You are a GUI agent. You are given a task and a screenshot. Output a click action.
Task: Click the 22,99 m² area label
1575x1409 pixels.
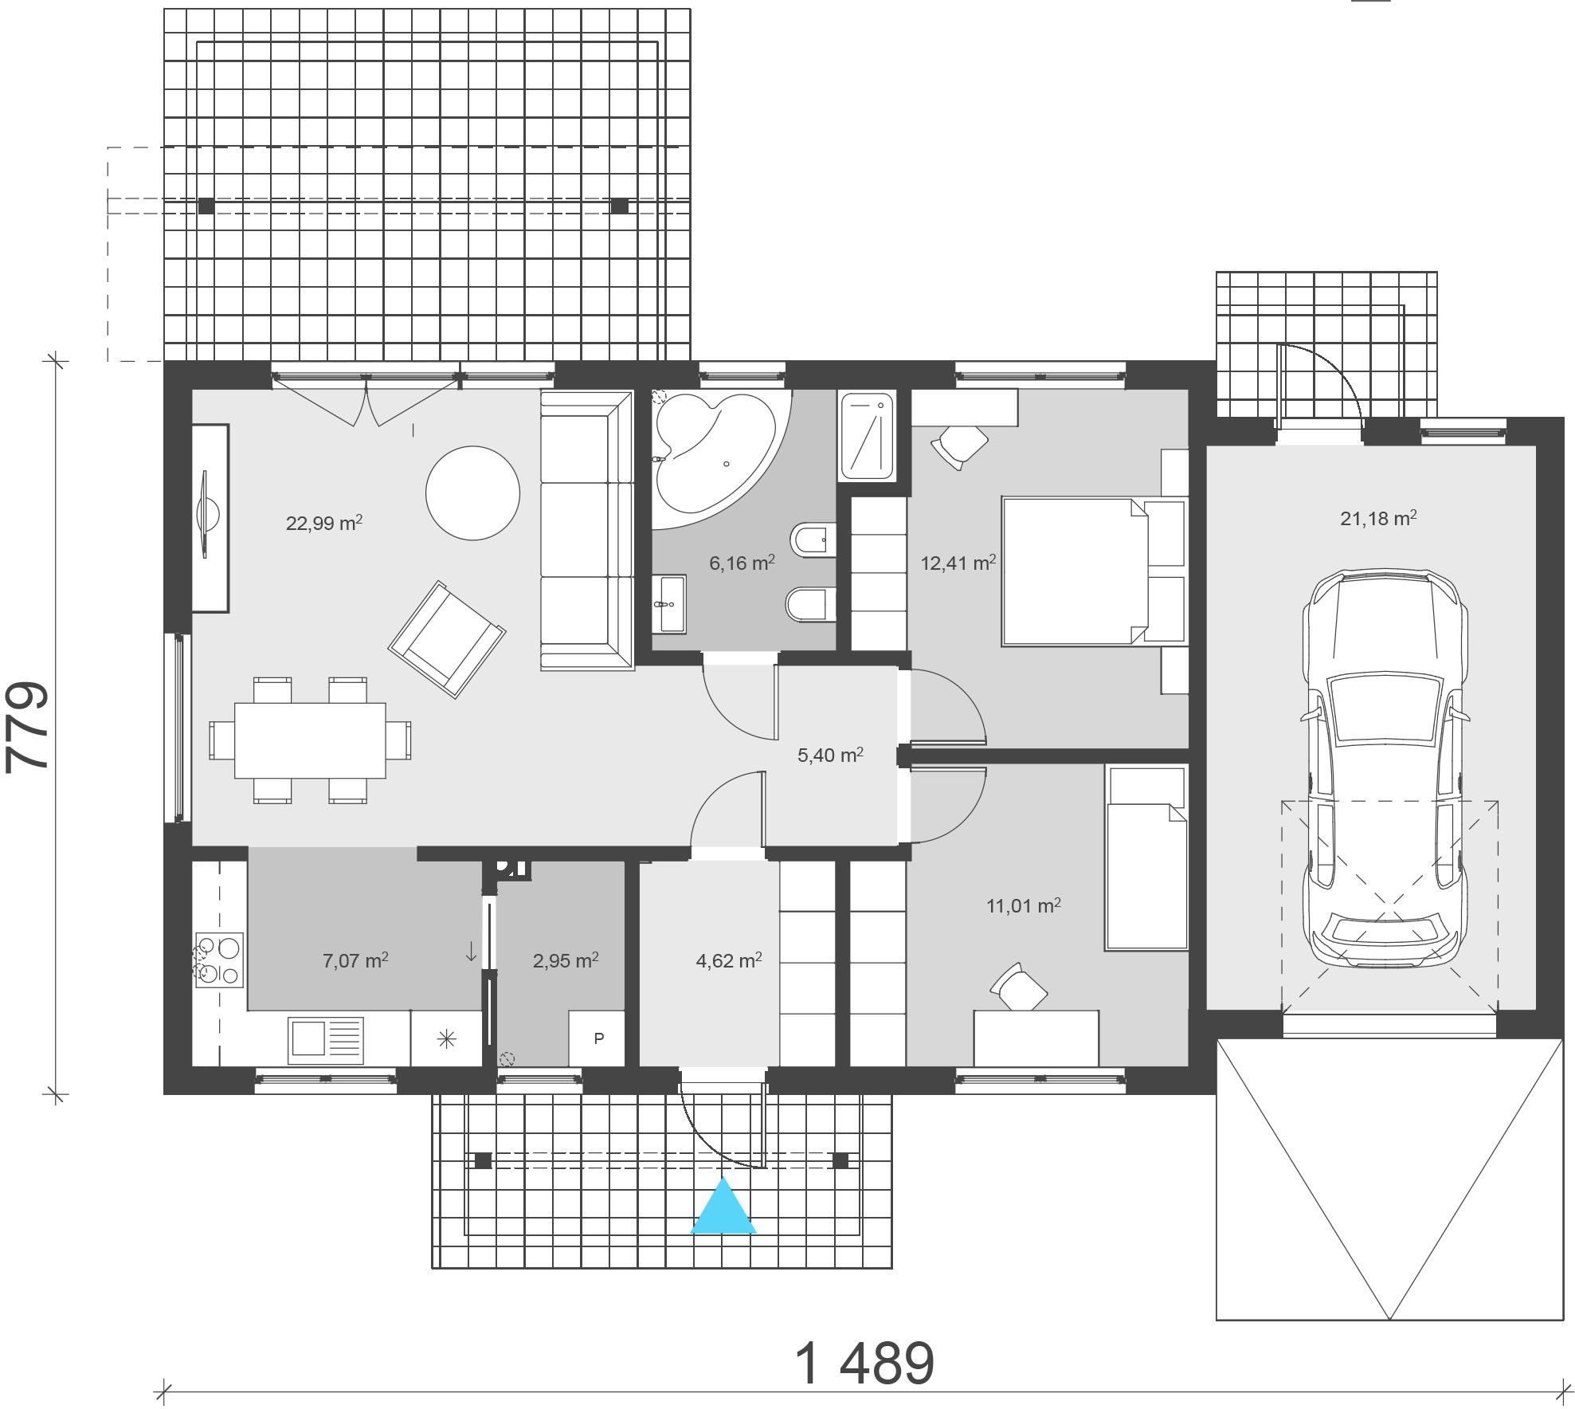coord(324,523)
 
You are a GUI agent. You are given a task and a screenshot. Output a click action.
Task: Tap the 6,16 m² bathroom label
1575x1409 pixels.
coord(742,563)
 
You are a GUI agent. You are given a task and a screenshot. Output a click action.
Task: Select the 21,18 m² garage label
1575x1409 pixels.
coord(1378,518)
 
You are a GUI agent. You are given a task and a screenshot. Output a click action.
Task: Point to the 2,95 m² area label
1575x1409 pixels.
coord(566,960)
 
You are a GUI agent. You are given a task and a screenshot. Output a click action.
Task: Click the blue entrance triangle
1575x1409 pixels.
coord(723,1207)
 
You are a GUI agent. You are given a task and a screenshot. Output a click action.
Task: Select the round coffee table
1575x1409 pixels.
coord(473,493)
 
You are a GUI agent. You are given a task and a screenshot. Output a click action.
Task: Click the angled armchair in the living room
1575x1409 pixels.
coord(447,640)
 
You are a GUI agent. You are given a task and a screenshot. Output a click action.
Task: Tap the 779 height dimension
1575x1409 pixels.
coord(28,726)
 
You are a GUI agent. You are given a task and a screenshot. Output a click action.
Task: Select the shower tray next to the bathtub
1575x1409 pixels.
coord(867,436)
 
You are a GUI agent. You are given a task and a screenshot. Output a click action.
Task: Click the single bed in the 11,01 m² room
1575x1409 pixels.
coord(1146,858)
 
